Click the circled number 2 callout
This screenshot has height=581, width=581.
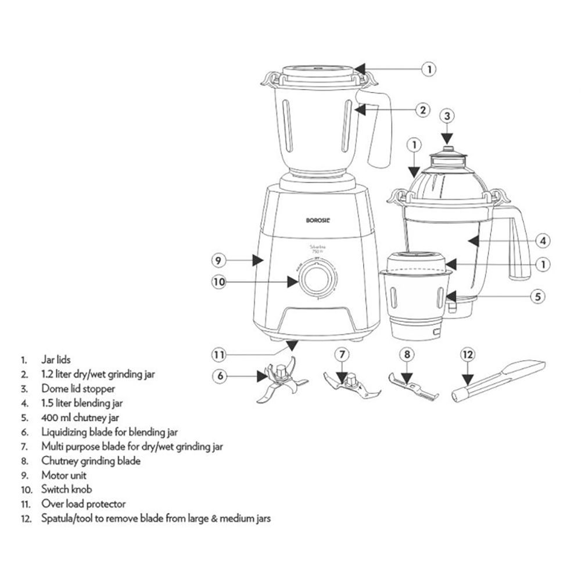coord(424,109)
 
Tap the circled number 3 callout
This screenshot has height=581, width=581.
coord(447,116)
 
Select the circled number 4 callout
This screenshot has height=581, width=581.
coord(541,239)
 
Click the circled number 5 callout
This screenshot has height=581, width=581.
coord(539,296)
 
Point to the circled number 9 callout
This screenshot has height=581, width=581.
coord(218,261)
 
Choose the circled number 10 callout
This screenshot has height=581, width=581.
coord(218,282)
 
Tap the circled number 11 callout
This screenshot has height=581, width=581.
coord(218,354)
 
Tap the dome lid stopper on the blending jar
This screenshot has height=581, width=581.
coord(446,150)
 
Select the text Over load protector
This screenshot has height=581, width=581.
coord(83,504)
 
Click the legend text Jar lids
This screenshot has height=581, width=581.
coord(56,360)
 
